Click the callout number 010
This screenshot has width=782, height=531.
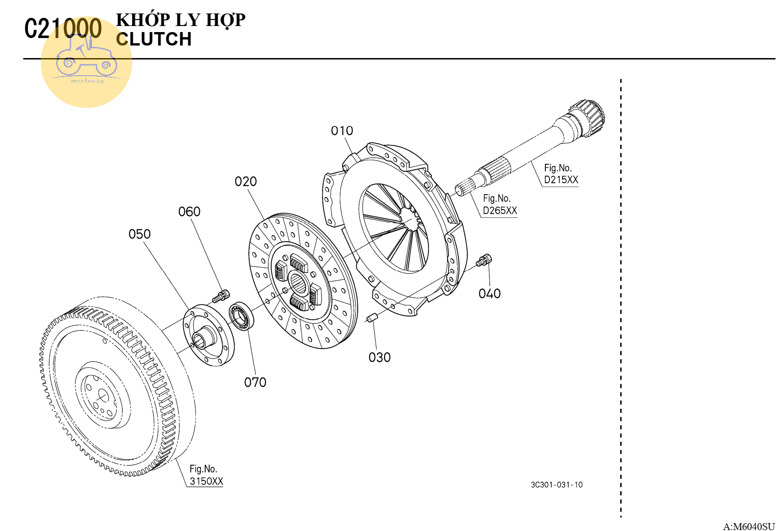click(x=342, y=131)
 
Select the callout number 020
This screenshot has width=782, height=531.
click(x=245, y=182)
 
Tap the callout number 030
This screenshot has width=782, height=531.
click(x=379, y=358)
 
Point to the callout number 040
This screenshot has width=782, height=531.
click(x=490, y=294)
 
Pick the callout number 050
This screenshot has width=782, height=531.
click(x=139, y=234)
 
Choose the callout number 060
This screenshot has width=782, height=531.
click(x=189, y=212)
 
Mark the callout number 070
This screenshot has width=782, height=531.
click(x=255, y=382)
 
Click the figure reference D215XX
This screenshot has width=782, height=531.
click(x=561, y=180)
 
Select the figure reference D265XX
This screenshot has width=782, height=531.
click(x=500, y=210)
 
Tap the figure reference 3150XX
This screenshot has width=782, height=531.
click(x=206, y=481)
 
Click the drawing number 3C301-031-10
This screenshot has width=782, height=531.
click(x=557, y=485)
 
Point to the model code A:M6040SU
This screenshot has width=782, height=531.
click(x=749, y=526)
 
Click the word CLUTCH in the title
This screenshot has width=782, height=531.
click(x=154, y=39)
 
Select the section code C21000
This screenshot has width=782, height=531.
click(x=63, y=29)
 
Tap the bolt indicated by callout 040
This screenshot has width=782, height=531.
click(x=484, y=261)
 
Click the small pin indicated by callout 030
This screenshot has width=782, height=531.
click(x=371, y=318)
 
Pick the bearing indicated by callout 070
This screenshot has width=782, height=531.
click(x=241, y=316)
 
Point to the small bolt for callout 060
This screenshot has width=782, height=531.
click(x=221, y=295)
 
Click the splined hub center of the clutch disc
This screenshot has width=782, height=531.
click(x=298, y=283)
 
